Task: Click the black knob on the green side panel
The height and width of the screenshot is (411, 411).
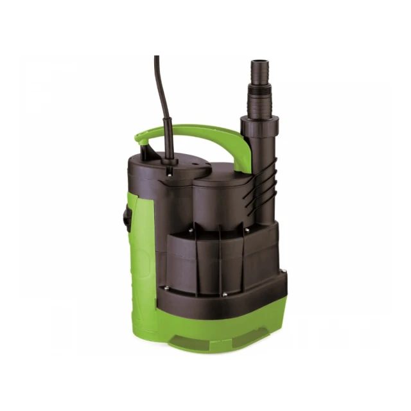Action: click(127, 218)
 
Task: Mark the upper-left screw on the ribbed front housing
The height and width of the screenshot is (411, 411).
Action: click(191, 228)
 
